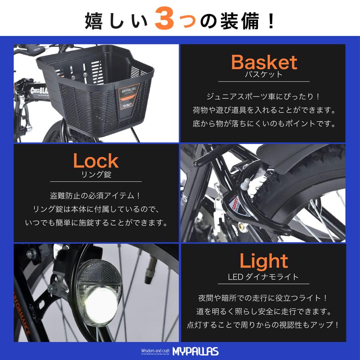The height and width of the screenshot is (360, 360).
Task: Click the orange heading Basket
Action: click(264, 62)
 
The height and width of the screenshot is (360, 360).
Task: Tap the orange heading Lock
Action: click(96, 161)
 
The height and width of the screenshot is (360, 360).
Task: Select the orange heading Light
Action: click(264, 261)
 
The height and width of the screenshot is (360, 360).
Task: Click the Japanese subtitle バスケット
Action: click(264, 74)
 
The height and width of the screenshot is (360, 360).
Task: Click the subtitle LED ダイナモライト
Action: click(264, 276)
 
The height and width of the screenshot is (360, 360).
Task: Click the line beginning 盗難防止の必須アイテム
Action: click(96, 196)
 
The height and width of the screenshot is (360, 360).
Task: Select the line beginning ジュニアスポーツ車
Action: click(264, 97)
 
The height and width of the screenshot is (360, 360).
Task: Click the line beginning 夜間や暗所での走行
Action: click(264, 298)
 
